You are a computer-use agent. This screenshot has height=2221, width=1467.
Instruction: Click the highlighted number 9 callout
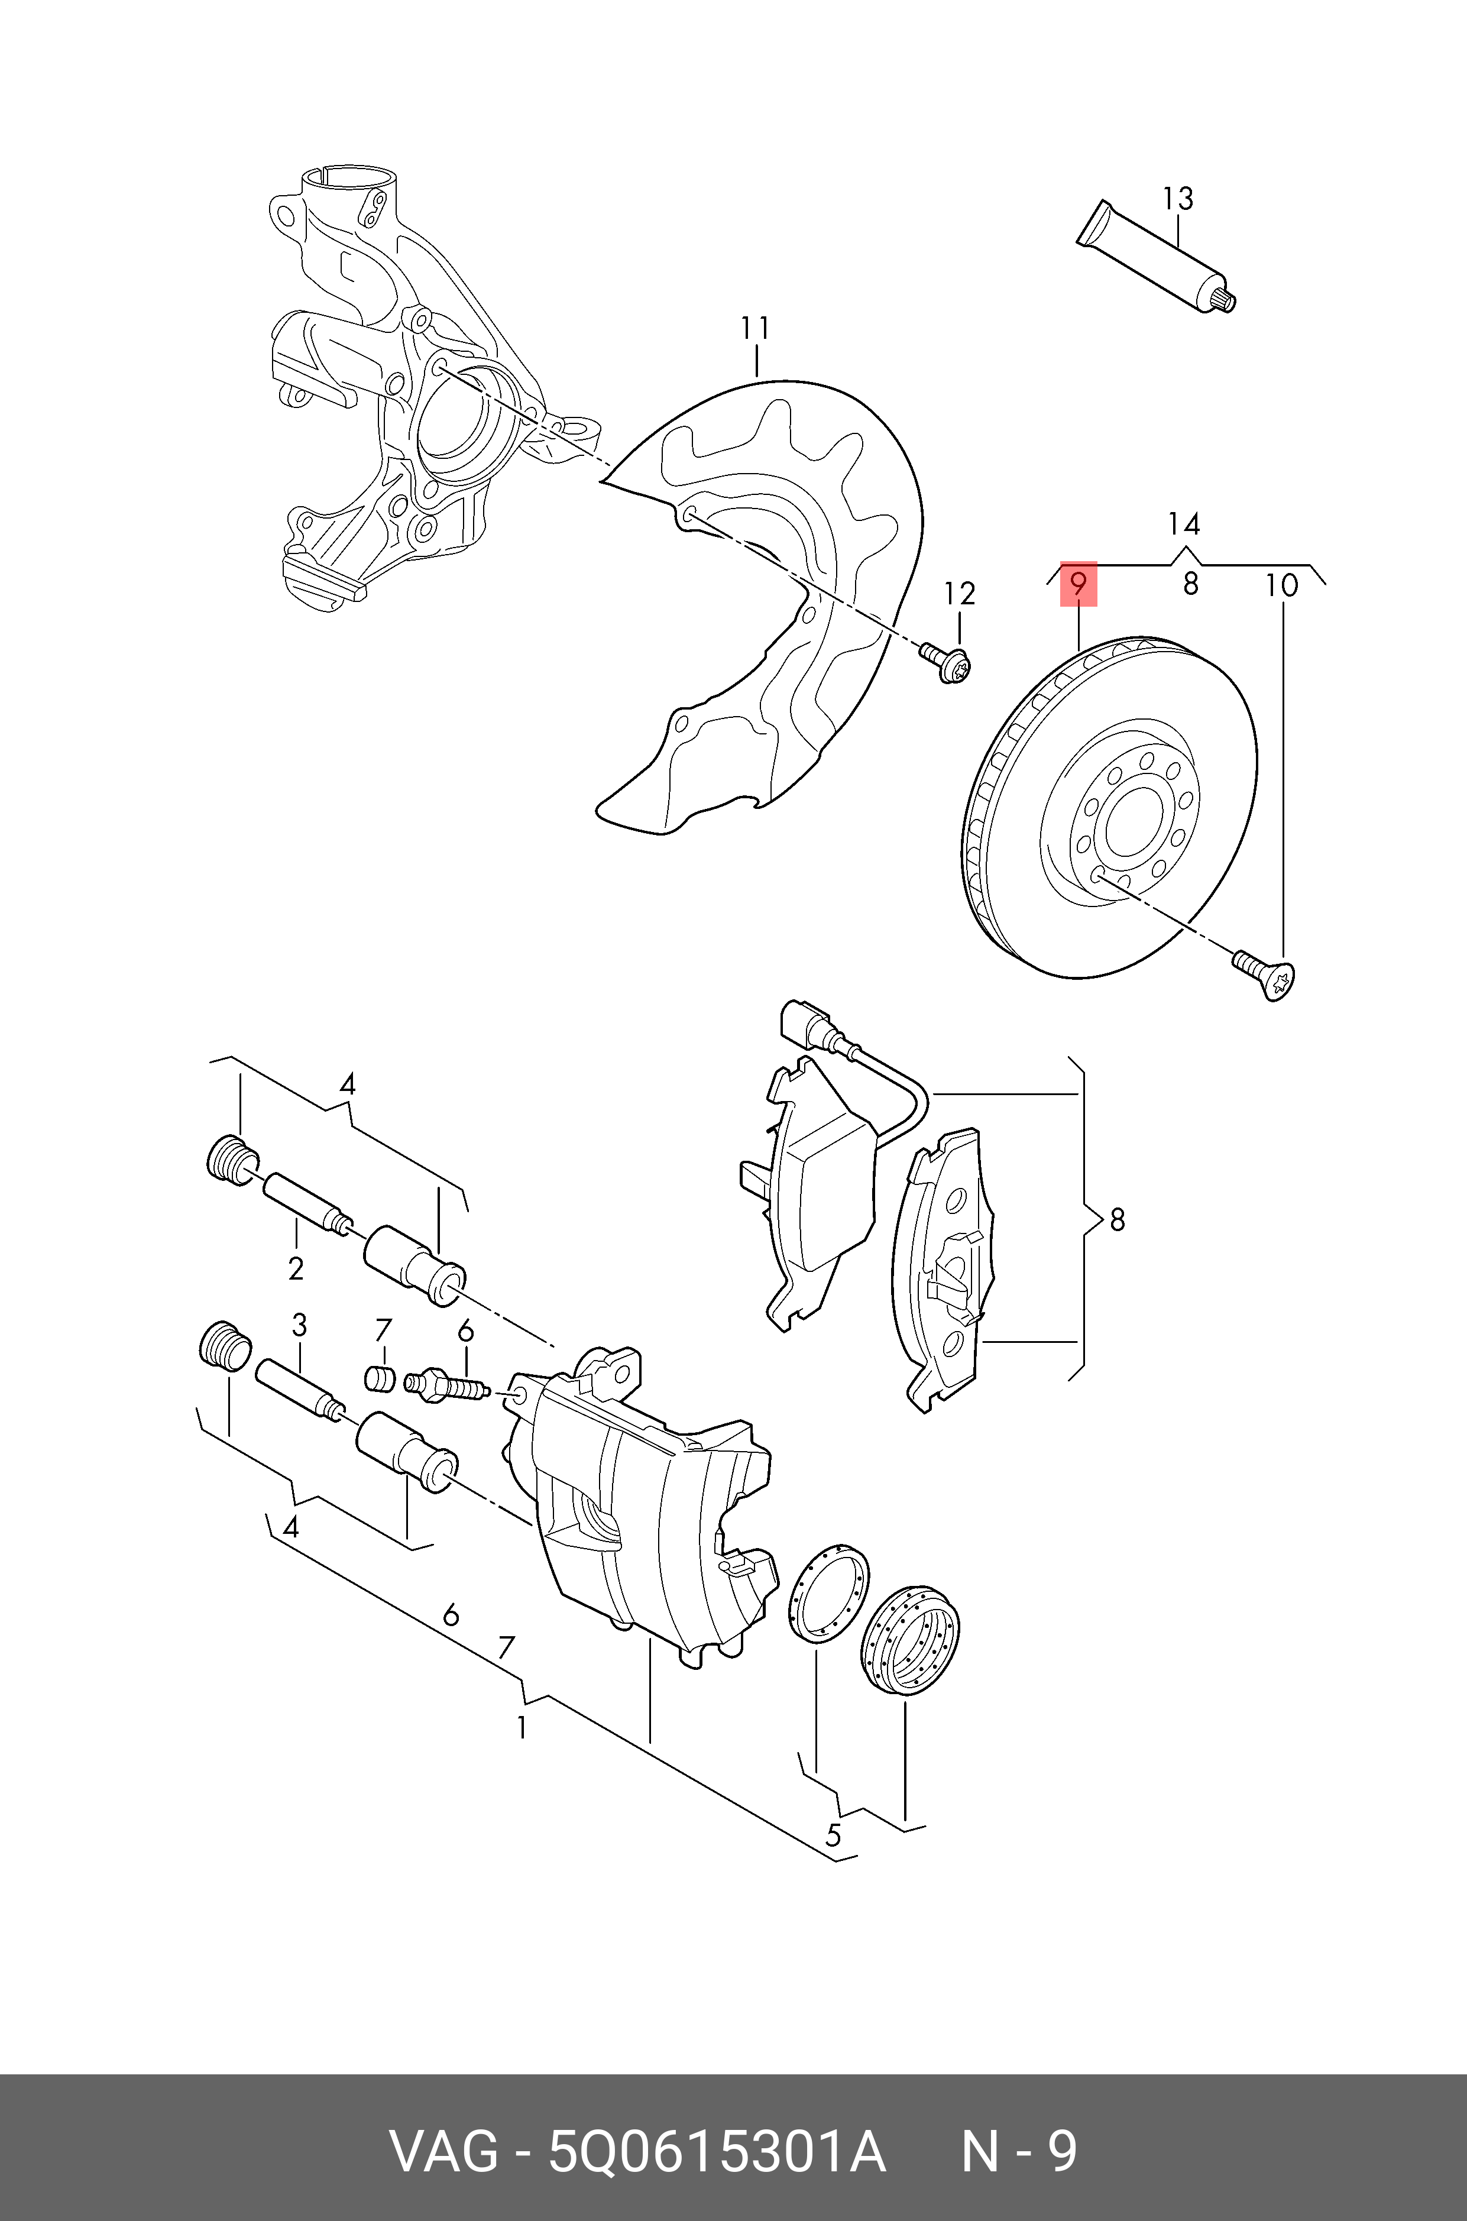click(1078, 585)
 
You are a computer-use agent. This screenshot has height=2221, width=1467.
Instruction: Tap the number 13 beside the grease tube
click(1178, 199)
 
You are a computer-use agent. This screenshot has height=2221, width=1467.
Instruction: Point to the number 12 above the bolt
click(959, 594)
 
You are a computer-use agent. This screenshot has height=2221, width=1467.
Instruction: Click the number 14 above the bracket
click(1184, 524)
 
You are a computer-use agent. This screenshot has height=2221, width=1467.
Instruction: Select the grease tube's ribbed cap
click(1225, 299)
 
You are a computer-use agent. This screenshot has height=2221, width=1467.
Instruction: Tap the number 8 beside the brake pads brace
click(1117, 1219)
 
